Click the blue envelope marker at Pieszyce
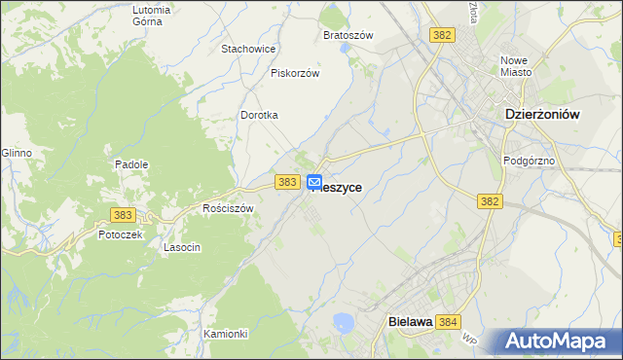(x=314, y=182)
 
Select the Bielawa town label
(x=409, y=321)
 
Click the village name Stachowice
(x=249, y=49)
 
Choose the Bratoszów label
(x=348, y=35)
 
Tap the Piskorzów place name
(x=295, y=72)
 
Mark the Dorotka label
(x=260, y=115)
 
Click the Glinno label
(x=17, y=153)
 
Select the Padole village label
(x=131, y=164)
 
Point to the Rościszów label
(x=228, y=208)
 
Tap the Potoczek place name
(x=121, y=234)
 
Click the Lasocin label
(x=182, y=247)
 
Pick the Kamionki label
(x=226, y=334)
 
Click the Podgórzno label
(x=529, y=161)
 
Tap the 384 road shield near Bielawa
(x=448, y=321)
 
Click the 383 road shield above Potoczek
(x=122, y=213)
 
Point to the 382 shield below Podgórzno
(x=490, y=201)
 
